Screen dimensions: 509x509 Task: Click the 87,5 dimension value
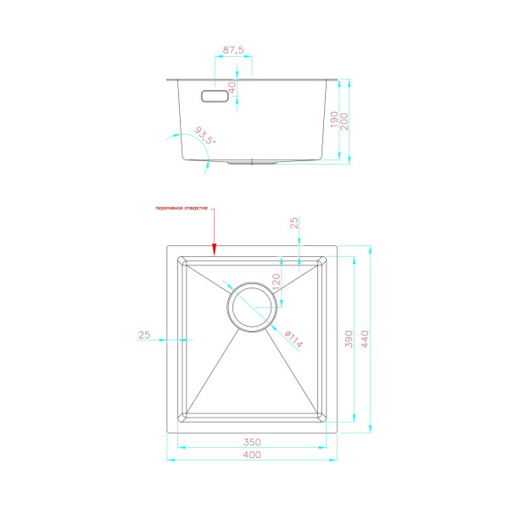coord(233,50)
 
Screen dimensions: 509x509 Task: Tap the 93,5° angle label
coord(204,136)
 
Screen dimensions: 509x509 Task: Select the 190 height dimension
coord(334,120)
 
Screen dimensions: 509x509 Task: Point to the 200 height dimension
coord(344,121)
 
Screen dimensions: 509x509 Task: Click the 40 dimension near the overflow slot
coord(232,87)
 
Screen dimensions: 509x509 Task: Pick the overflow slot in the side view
coord(215,96)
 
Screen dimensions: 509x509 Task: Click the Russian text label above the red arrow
coord(182,208)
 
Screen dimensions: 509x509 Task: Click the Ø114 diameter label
coord(294,338)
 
